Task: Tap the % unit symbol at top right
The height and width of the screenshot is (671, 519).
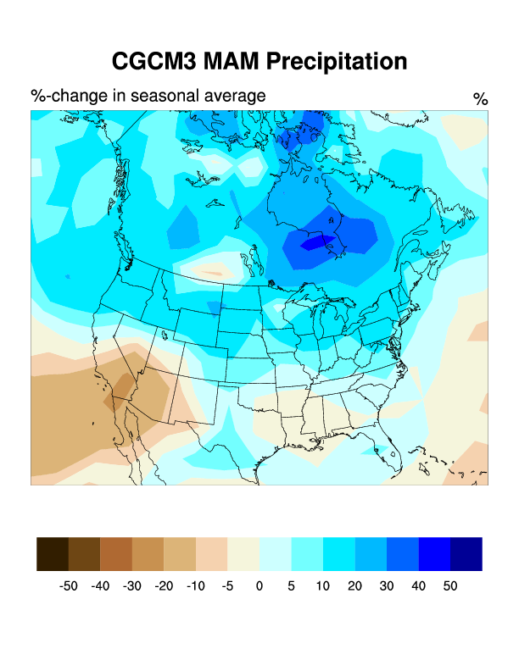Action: pyautogui.click(x=480, y=99)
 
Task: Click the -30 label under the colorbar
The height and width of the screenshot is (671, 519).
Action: pyautogui.click(x=131, y=585)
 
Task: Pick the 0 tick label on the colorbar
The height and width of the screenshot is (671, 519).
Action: pyautogui.click(x=259, y=585)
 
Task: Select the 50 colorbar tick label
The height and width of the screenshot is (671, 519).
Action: pyautogui.click(x=449, y=585)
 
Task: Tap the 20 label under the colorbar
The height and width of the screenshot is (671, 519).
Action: pyautogui.click(x=354, y=585)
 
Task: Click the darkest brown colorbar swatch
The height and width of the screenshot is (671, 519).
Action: pyautogui.click(x=53, y=553)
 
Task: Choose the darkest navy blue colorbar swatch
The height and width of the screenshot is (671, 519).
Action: pyautogui.click(x=466, y=553)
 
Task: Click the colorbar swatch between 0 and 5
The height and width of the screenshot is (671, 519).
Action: pyautogui.click(x=275, y=553)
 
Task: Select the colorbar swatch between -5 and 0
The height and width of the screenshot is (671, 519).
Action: pyautogui.click(x=243, y=553)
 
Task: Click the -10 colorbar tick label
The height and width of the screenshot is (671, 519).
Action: pyautogui.click(x=195, y=585)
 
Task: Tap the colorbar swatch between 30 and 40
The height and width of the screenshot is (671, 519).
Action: pyautogui.click(x=402, y=553)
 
